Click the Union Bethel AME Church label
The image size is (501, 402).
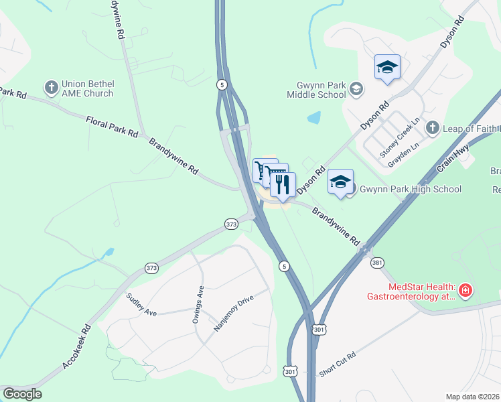pyautogui.click(x=87, y=88)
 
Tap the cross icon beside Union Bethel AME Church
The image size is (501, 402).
pyautogui.click(x=51, y=88)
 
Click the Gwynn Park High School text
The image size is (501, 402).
pyautogui.click(x=409, y=189)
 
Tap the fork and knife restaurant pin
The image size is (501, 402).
pyautogui.click(x=283, y=184)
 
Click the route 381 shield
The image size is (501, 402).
pyautogui.click(x=377, y=262)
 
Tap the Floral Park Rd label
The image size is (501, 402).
pyautogui.click(x=112, y=125)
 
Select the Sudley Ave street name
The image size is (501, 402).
pyautogui.click(x=141, y=305)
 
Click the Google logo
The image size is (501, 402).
pyautogui.click(x=21, y=394)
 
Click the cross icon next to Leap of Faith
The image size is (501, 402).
pyautogui.click(x=433, y=128)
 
